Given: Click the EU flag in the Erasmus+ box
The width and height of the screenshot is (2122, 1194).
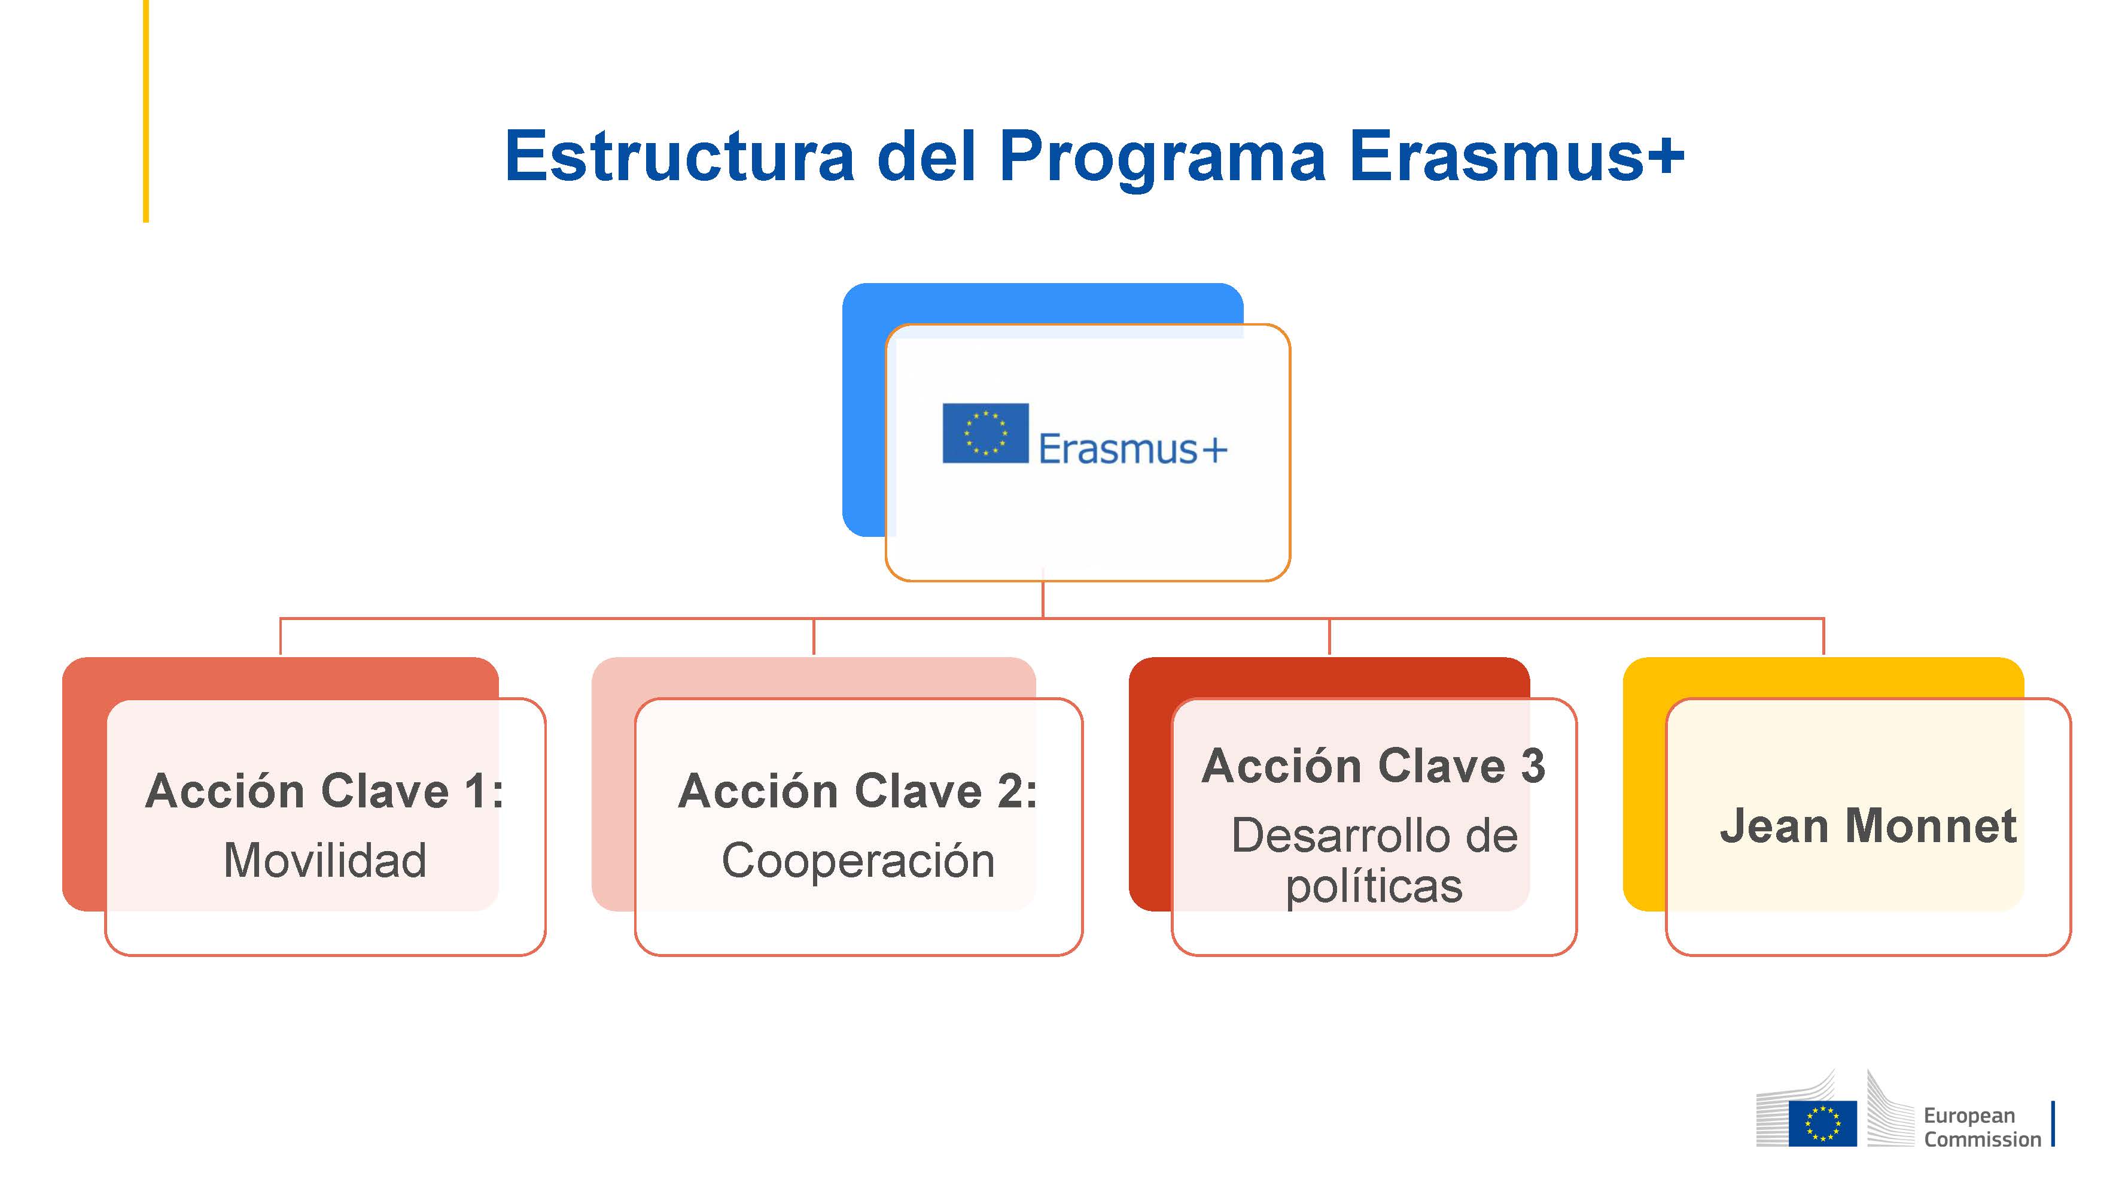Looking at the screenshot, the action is point(985,433).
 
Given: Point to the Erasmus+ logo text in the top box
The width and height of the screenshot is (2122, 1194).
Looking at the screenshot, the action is point(1132,449).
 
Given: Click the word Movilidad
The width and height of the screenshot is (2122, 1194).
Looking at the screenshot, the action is point(325,860).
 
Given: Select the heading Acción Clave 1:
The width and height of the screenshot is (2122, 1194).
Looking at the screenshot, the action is point(325,791).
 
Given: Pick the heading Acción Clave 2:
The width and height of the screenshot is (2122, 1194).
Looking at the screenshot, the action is point(857,791).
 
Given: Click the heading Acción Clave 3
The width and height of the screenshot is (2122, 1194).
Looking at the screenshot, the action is point(1373,765).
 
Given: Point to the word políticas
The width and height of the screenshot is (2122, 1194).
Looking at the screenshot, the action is point(1374,886).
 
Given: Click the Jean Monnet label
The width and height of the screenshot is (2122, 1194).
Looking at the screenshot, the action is point(1868,826).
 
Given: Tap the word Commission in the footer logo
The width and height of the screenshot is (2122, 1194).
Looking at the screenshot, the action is point(1983,1140).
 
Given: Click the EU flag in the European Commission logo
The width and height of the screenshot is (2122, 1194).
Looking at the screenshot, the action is point(1822,1123).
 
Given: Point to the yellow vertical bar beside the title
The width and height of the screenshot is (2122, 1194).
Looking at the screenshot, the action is point(146,111).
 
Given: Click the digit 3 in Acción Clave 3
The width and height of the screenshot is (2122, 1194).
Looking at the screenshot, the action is point(1532,765).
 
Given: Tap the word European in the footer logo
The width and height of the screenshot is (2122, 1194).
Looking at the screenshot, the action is point(1969,1117).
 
